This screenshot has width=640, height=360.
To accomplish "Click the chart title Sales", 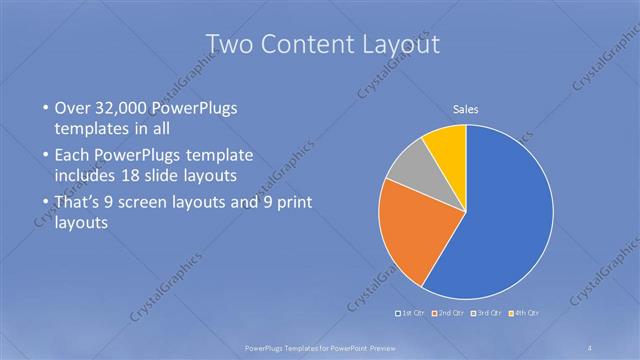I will (466, 109).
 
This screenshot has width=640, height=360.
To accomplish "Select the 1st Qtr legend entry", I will (412, 313).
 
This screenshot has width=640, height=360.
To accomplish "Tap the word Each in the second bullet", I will (74, 156).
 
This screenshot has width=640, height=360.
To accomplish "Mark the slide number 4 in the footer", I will (590, 348).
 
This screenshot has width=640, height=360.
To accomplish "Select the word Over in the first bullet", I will (75, 108).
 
